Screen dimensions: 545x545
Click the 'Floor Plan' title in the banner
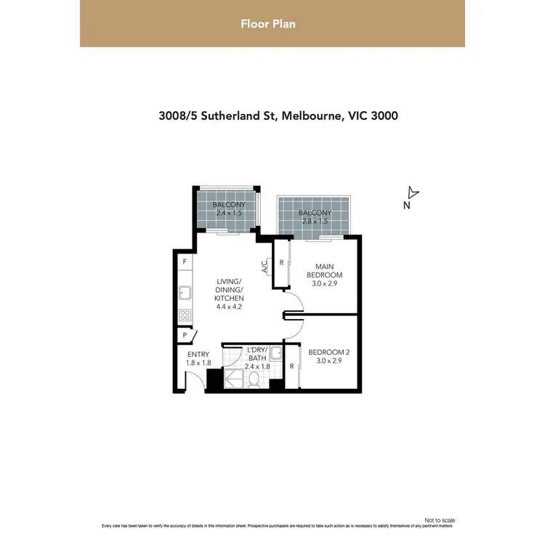pos(268,24)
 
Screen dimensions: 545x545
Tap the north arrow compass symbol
pos(412,193)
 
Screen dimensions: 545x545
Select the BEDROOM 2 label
pos(329,352)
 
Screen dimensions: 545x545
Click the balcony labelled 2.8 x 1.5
pos(314,217)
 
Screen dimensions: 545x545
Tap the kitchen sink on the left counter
pos(185,294)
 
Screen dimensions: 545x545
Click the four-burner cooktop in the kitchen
pos(185,315)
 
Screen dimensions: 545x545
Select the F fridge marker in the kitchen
pos(185,262)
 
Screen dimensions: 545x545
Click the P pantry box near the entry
pos(185,336)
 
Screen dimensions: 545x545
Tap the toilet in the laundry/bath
pos(253,379)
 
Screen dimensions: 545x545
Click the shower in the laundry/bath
pos(235,379)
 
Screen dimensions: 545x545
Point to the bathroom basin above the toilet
pos(275,354)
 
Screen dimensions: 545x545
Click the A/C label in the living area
pos(265,267)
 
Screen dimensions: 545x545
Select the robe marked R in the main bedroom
pos(281,262)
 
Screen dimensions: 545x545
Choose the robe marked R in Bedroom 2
pos(291,366)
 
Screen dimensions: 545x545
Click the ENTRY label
pos(198,355)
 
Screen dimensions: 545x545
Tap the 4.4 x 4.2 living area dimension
pos(230,307)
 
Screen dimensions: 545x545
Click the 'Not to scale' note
pos(439,520)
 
